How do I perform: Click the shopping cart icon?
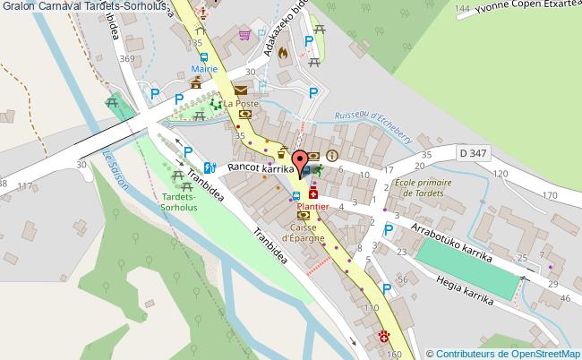click(x=244, y=35)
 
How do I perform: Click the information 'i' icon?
click(x=332, y=155)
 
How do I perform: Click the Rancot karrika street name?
click(x=261, y=167)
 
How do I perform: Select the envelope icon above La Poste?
click(x=240, y=90)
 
